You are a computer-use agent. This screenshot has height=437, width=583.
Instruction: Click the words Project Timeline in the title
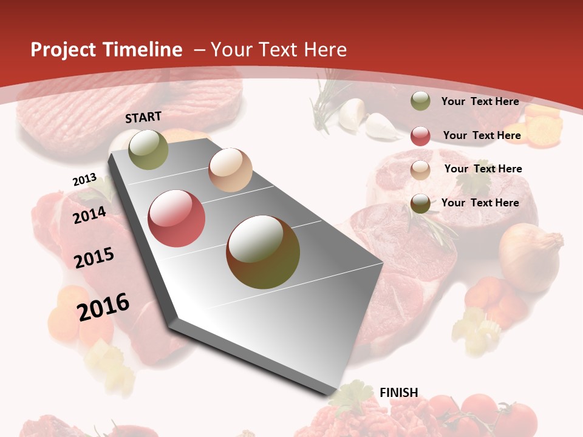(106, 50)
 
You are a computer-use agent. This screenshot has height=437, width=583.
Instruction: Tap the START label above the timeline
(143, 117)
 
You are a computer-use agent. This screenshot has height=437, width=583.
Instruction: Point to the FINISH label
(399, 393)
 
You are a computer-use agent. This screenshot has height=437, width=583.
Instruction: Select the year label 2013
(84, 180)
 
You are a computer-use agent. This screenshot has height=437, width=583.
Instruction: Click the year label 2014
(90, 215)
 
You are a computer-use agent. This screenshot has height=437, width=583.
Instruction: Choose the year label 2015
(94, 258)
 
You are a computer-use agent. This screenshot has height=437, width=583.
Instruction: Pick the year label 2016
(103, 307)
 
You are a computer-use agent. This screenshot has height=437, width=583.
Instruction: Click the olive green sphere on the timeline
(148, 149)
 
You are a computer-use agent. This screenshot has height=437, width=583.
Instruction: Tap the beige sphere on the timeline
(230, 170)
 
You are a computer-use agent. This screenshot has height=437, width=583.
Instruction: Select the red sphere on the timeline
(176, 218)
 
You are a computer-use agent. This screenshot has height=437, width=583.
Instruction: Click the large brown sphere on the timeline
(263, 252)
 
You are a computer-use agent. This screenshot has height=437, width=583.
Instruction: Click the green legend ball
(420, 101)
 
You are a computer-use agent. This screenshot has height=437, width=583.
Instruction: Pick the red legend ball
(420, 135)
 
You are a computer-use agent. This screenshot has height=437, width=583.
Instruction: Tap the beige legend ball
(420, 169)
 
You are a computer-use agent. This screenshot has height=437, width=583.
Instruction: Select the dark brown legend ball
(420, 203)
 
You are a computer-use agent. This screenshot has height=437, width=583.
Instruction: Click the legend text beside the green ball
(480, 101)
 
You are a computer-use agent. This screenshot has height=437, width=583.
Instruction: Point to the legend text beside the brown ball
(480, 203)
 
